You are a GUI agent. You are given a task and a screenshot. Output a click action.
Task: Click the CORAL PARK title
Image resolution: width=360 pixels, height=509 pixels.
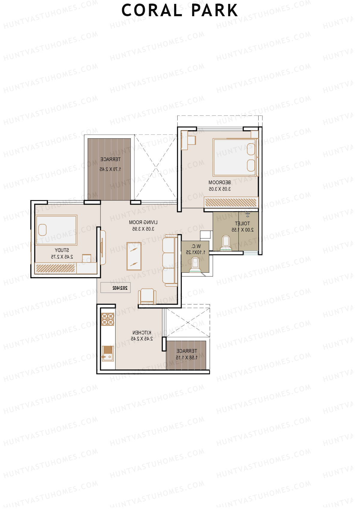click(179, 10)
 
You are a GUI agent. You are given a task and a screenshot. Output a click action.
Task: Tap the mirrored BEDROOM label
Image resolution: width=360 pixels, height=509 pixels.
click(220, 182)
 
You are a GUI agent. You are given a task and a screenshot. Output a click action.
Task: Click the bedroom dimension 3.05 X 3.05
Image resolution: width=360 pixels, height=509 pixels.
click(220, 189)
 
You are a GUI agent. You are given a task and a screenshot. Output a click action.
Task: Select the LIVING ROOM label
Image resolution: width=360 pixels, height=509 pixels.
click(143, 222)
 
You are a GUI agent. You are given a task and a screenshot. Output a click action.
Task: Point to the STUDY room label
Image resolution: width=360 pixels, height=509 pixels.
click(62, 250)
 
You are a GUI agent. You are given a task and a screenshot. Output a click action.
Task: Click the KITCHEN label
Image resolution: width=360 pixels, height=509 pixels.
click(142, 333)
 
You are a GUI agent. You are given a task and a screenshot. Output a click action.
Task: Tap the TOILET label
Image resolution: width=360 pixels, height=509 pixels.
click(242, 223)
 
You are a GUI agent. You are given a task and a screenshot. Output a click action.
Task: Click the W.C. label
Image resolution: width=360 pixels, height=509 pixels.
click(196, 246)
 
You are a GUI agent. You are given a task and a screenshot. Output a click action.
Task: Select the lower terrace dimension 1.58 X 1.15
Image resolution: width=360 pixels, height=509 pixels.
click(186, 358)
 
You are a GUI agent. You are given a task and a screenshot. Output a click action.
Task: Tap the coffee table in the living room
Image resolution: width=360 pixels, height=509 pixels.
click(134, 256)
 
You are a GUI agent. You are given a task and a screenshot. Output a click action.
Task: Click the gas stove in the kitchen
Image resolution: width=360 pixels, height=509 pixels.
click(107, 319)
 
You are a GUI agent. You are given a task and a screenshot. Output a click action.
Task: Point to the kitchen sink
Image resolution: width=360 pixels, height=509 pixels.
click(107, 353)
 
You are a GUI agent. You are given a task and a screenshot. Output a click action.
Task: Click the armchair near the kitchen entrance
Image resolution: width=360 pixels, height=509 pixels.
click(147, 296)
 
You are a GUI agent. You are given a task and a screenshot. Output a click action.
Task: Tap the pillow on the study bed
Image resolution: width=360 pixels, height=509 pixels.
click(43, 230)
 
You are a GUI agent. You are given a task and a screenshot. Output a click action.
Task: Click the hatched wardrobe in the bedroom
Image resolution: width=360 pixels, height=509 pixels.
click(231, 202)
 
